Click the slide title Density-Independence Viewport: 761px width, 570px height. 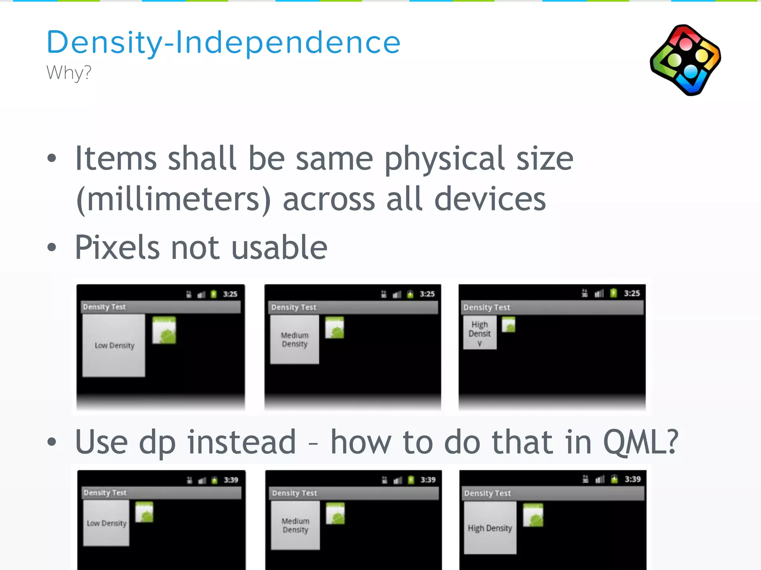pyautogui.click(x=223, y=42)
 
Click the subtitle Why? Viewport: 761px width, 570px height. pyautogui.click(x=69, y=72)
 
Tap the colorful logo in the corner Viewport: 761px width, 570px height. pyautogui.click(x=686, y=60)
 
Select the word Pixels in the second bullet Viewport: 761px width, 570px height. pyautogui.click(x=117, y=248)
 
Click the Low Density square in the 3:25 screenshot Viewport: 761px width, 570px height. pyautogui.click(x=114, y=345)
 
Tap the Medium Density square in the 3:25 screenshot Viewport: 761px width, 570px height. pyautogui.click(x=295, y=339)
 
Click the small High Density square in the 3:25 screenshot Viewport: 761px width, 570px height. pyautogui.click(x=480, y=332)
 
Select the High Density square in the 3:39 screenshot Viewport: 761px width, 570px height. pyautogui.click(x=490, y=527)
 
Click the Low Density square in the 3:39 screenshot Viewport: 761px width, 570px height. pyautogui.click(x=106, y=523)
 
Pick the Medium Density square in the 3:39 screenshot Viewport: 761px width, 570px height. pyautogui.click(x=295, y=525)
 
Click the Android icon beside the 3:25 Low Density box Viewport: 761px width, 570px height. pyautogui.click(x=164, y=330)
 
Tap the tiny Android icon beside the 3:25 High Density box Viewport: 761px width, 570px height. pyautogui.click(x=509, y=324)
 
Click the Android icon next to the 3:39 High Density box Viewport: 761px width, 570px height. pyautogui.click(x=533, y=515)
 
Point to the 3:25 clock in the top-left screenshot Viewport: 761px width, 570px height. pyautogui.click(x=230, y=294)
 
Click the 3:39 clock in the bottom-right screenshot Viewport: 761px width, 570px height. pyautogui.click(x=632, y=479)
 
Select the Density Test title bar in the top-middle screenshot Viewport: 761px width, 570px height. pyautogui.click(x=352, y=307)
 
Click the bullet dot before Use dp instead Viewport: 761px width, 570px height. pyautogui.click(x=52, y=442)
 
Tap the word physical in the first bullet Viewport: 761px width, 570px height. pyautogui.click(x=444, y=159)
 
